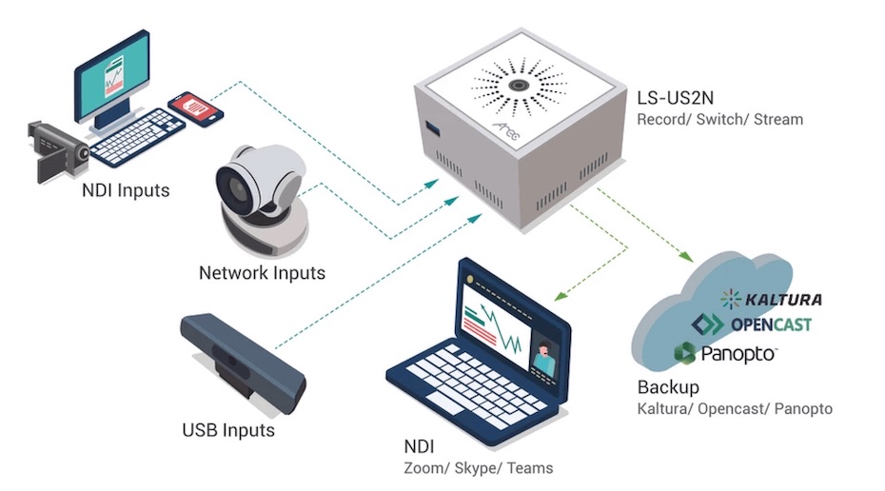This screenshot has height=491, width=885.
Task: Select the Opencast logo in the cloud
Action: (757, 324)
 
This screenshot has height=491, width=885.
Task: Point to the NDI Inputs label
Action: (126, 190)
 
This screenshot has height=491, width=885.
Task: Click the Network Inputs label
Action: (262, 273)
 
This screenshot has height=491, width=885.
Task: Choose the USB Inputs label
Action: (228, 430)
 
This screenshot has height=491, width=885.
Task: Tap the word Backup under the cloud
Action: (668, 387)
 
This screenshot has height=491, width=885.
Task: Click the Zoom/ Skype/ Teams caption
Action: (478, 468)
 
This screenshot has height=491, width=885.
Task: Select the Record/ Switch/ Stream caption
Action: (720, 120)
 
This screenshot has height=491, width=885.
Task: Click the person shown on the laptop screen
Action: (543, 360)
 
